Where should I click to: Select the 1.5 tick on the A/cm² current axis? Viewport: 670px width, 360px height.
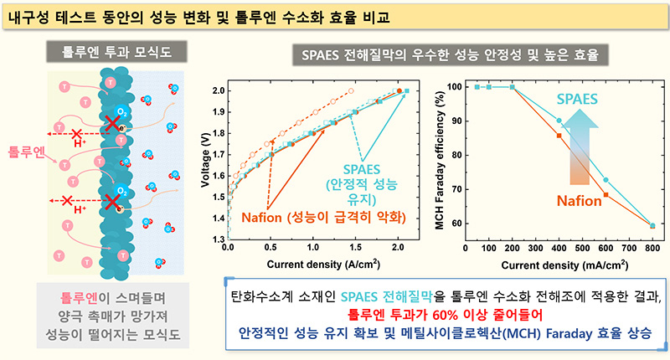[x=356, y=249]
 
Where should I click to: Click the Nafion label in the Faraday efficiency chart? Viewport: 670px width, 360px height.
[x=578, y=202]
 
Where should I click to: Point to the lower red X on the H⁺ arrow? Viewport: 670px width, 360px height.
[x=78, y=201]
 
